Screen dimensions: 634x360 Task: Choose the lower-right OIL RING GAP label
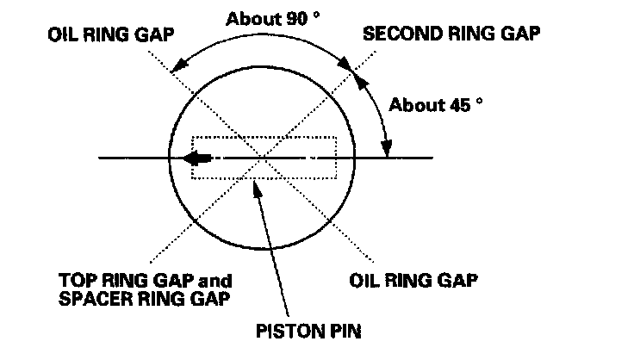pos(414,281)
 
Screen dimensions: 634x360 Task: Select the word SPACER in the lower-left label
pos(89,298)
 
